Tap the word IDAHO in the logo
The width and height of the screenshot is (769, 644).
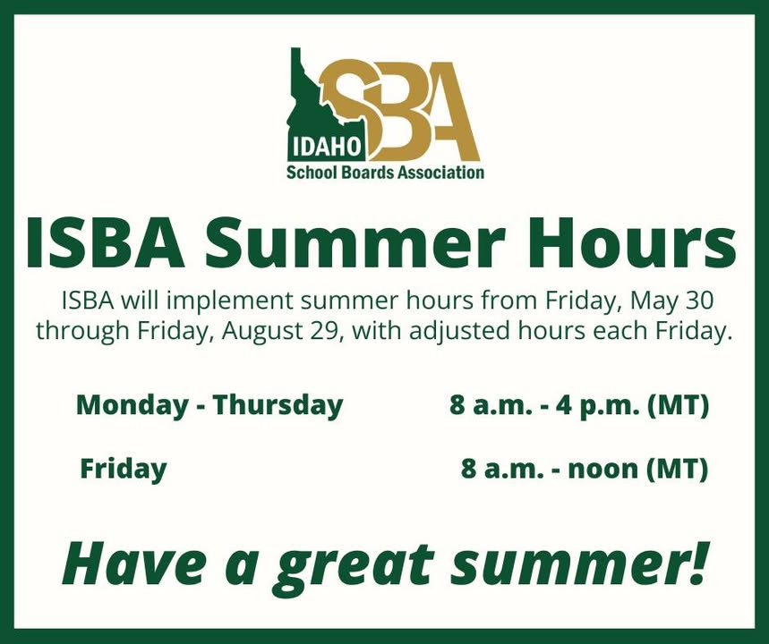pos(326,148)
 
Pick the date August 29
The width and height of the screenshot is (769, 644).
pos(280,331)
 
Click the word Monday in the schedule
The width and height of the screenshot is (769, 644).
pos(132,406)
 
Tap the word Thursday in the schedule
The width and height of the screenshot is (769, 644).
pos(278,406)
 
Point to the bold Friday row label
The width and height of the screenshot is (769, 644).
pos(124,470)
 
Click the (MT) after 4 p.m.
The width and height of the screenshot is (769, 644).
pos(679,406)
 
